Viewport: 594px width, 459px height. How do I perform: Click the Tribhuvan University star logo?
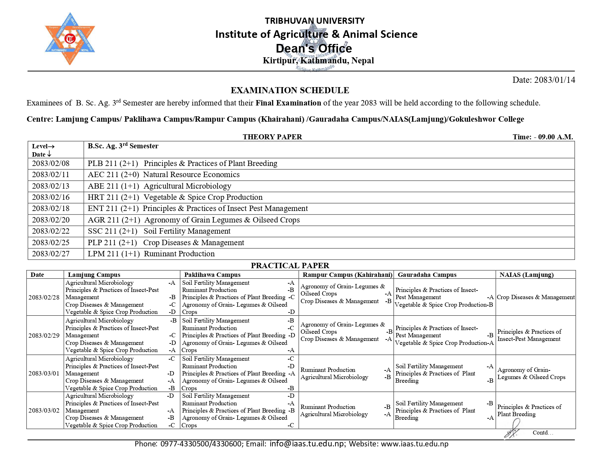pyautogui.click(x=70, y=39)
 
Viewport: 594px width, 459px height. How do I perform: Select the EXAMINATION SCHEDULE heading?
pyautogui.click(x=290, y=90)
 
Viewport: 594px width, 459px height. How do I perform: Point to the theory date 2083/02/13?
pyautogui.click(x=51, y=186)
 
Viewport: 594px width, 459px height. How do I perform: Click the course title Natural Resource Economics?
pyautogui.click(x=191, y=175)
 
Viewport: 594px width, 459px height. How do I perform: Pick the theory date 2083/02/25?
pyautogui.click(x=51, y=243)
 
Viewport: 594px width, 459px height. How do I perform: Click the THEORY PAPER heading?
pyautogui.click(x=272, y=137)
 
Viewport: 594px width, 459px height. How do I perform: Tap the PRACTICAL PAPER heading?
pyautogui.click(x=290, y=266)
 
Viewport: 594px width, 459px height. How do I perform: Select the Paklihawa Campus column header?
pyautogui.click(x=212, y=275)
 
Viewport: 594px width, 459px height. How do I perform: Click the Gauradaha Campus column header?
pyautogui.click(x=427, y=275)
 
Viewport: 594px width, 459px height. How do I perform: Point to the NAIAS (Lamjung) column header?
pyautogui.click(x=526, y=275)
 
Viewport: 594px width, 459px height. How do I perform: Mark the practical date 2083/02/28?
pyautogui.click(x=44, y=297)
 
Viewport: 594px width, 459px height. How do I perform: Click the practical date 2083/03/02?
pyautogui.click(x=44, y=410)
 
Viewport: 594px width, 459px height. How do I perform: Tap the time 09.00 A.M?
pyautogui.click(x=555, y=137)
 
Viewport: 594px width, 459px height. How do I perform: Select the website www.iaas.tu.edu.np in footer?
pyautogui.click(x=414, y=444)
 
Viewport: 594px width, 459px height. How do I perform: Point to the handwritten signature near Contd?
pyautogui.click(x=512, y=430)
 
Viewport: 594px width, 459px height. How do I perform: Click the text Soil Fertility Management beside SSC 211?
pyautogui.click(x=187, y=231)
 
